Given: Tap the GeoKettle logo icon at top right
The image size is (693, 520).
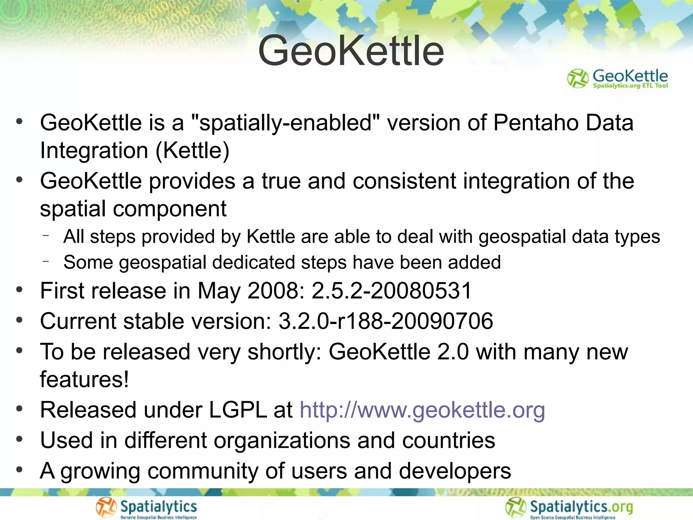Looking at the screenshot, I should (578, 79).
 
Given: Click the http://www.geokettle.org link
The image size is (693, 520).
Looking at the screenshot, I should (422, 410).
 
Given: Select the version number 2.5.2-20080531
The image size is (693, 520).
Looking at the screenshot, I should (392, 291).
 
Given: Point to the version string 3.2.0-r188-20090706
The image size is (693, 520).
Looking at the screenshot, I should (386, 321).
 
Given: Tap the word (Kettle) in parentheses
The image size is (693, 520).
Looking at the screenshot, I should (193, 150).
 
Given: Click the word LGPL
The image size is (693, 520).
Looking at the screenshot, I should (238, 410).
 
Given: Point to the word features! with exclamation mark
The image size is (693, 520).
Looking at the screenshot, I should (84, 379).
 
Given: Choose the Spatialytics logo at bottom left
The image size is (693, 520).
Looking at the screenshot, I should (146, 508).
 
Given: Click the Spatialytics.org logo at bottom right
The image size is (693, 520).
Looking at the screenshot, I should (569, 508).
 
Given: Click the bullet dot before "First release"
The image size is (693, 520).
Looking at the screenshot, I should (19, 290).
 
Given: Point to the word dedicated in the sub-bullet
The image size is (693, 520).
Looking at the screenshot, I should (253, 263).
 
